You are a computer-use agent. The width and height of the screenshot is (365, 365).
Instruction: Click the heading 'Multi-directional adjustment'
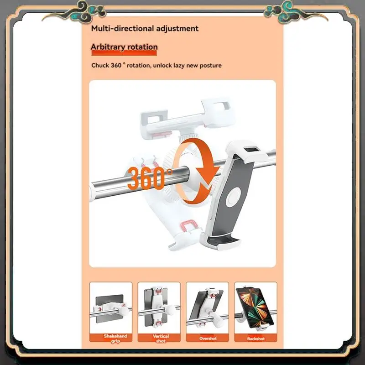[145, 28]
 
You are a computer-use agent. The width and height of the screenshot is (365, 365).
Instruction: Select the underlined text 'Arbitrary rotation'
[124, 47]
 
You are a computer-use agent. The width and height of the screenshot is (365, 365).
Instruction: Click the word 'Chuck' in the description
[100, 65]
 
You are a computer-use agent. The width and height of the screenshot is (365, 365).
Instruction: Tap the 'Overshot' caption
[208, 339]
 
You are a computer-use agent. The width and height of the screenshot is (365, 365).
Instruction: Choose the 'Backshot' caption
[255, 339]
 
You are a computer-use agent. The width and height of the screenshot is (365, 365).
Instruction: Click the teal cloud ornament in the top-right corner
[279, 8]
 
